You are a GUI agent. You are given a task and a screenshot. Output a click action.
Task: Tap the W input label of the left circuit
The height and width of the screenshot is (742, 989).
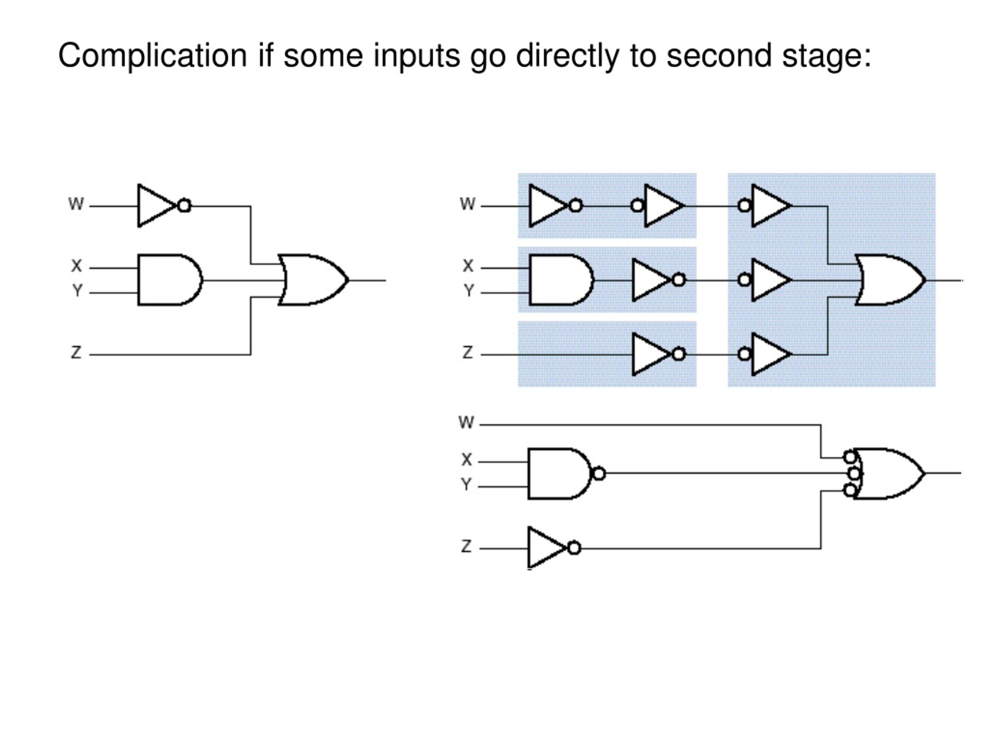(76, 204)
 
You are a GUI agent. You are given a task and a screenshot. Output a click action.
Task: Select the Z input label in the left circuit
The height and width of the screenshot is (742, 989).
(76, 352)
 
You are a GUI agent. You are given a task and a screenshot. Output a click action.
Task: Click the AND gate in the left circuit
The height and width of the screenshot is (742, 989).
(170, 280)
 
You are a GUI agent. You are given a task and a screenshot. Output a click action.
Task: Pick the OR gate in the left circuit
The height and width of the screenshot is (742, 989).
(313, 280)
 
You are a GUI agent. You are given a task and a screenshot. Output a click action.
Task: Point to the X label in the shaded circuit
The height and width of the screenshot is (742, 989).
(468, 265)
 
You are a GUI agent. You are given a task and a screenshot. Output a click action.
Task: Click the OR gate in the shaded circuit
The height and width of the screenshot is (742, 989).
(890, 280)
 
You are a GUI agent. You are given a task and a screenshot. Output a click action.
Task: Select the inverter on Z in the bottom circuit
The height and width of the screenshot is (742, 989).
(554, 548)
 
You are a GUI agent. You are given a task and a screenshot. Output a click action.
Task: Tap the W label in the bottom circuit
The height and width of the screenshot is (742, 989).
(466, 422)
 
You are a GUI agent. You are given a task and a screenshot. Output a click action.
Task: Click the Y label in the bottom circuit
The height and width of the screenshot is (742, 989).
(466, 484)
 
